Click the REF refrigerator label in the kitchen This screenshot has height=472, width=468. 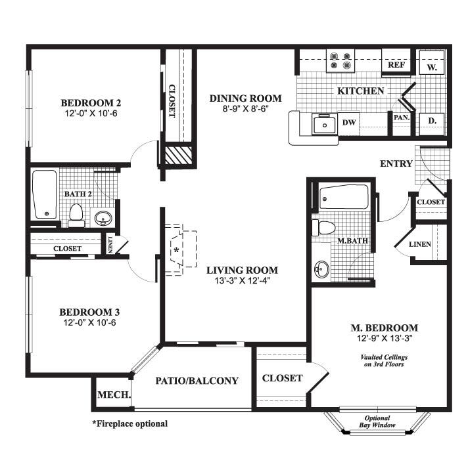396,65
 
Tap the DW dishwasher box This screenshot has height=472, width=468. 348,123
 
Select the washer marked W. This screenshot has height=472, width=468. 432,66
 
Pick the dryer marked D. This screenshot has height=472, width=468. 432,121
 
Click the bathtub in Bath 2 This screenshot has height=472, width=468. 45,194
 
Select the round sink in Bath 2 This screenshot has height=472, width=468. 103,218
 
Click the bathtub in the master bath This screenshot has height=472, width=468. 343,197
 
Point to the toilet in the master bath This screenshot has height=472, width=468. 324,228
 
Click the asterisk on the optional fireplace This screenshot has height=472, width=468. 175,250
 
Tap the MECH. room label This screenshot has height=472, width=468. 114,395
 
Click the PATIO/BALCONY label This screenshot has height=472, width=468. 197,381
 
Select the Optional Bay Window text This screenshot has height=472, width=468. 377,423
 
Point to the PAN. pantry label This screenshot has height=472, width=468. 402,118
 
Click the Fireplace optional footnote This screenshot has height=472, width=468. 129,424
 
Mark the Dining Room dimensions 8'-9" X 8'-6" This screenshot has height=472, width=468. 245,110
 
